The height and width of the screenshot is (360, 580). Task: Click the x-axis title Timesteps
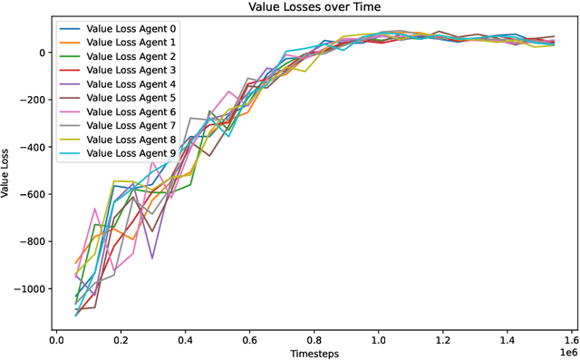coord(314,353)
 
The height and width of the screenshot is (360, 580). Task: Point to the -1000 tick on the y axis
coord(33,288)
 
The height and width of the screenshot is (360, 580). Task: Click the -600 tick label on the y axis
coord(35,194)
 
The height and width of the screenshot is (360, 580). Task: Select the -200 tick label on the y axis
coord(35,100)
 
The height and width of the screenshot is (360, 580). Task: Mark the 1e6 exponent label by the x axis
coord(566,351)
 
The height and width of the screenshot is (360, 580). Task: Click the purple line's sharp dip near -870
coord(152,258)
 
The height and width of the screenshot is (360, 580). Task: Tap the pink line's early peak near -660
coord(94,209)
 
